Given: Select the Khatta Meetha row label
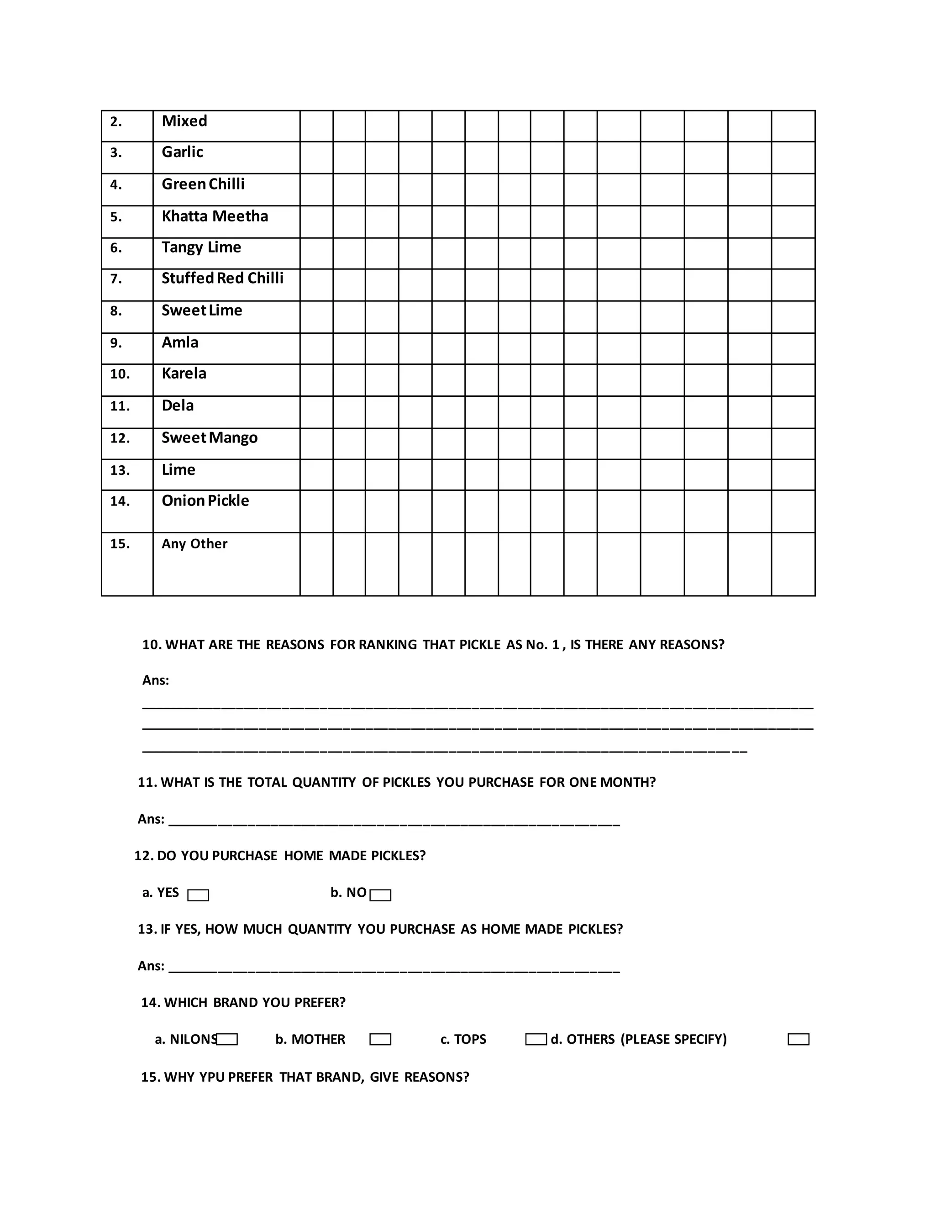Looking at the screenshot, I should (x=215, y=216).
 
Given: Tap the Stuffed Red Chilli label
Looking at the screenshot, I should (x=222, y=278).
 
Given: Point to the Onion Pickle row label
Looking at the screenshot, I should (x=205, y=501).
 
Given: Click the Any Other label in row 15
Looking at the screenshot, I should (x=194, y=543).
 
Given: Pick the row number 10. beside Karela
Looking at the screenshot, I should (x=120, y=374).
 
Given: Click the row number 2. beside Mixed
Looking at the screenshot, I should (x=116, y=121).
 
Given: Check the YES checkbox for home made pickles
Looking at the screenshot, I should (x=198, y=895).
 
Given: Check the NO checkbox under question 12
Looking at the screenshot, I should (x=380, y=895).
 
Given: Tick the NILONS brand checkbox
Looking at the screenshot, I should (x=227, y=1039).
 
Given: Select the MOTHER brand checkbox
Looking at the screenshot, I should (x=380, y=1039).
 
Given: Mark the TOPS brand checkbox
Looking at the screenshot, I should (x=536, y=1039).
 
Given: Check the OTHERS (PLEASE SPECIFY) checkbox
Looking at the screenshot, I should (x=798, y=1039).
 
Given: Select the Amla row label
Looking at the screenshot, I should (x=179, y=342).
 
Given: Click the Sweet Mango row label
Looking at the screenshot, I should (x=210, y=438).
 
